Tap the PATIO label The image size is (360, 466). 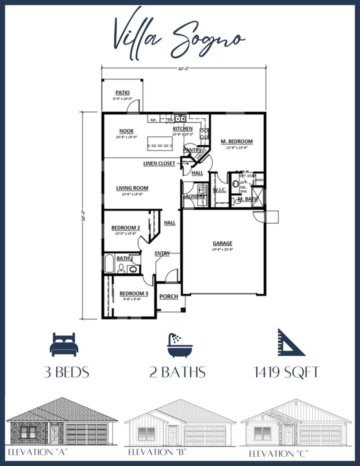click(122, 92)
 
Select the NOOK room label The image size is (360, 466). click(125, 131)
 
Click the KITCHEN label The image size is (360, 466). click(182, 129)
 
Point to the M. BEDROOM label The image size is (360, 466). click(236, 141)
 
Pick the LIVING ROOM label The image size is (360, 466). click(132, 188)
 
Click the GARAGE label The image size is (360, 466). click(222, 243)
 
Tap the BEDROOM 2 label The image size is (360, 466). click(125, 228)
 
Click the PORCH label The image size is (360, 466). click(168, 296)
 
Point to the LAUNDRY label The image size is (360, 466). click(194, 196)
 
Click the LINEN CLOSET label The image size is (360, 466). click(159, 163)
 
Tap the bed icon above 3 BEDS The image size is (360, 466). click(63, 345)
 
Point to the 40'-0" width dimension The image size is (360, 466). click(183, 68)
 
